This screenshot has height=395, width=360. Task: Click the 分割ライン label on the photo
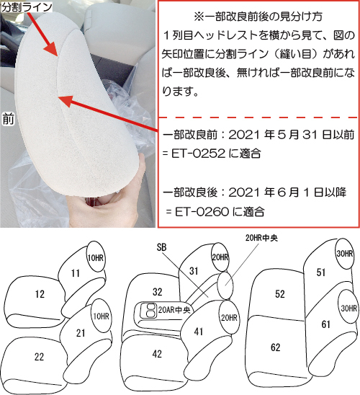(26, 6)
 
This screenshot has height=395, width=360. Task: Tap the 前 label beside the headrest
(8, 119)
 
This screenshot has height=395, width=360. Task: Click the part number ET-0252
(198, 154)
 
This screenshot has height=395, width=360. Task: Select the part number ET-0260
(202, 212)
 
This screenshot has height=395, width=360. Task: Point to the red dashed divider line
(258, 117)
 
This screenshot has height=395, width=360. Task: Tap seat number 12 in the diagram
(40, 294)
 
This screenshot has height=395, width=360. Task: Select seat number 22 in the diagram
(40, 357)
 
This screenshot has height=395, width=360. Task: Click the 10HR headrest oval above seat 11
(96, 257)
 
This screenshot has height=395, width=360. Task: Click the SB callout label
(161, 247)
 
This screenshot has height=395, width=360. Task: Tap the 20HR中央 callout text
(261, 238)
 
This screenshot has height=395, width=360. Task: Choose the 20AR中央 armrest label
(174, 310)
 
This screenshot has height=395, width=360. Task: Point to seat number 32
(158, 292)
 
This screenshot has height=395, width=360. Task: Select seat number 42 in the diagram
(157, 354)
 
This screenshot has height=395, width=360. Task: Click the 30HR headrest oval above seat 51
(344, 254)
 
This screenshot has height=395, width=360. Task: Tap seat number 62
(276, 347)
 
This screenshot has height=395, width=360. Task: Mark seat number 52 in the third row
(280, 294)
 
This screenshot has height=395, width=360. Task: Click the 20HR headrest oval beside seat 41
(229, 317)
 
